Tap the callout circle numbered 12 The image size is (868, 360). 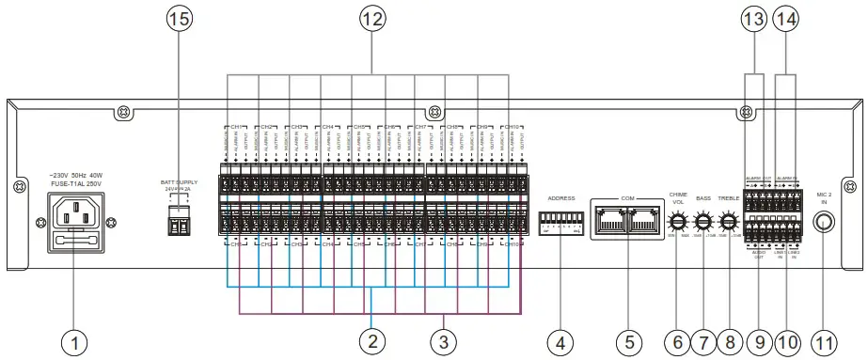tap(372, 18)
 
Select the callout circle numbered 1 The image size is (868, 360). tap(75, 340)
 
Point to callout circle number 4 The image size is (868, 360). tap(561, 340)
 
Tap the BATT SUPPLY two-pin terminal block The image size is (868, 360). tap(179, 223)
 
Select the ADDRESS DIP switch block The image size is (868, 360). tap(560, 224)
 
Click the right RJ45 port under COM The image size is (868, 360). tap(643, 222)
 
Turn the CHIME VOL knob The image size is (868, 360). tap(677, 223)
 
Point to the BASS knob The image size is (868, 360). tap(702, 223)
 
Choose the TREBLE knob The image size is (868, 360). tap(728, 223)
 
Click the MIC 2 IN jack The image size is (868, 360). tap(826, 224)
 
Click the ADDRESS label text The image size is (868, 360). tap(560, 198)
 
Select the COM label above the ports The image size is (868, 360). tap(627, 198)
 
